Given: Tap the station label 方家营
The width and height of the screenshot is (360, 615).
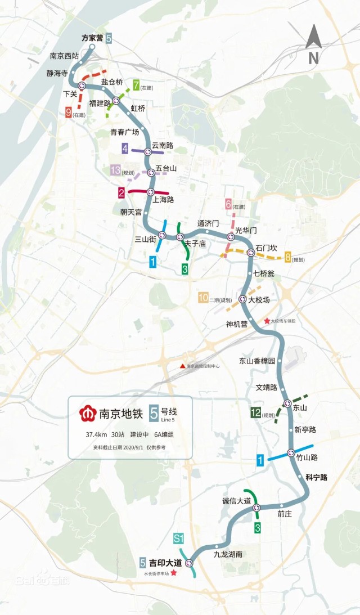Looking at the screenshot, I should point(92,38).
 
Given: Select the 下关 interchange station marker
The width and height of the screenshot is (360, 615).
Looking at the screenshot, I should point(82,86).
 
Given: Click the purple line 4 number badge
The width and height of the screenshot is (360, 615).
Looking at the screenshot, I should point(125,149).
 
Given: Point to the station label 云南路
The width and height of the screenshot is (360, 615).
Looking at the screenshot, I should point(162,145).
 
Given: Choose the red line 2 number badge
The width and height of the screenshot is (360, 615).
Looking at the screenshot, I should point(121,193).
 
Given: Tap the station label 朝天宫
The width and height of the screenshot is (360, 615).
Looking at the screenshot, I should point(131,212).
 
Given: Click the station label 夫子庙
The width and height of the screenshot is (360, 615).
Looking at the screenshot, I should point(195,244).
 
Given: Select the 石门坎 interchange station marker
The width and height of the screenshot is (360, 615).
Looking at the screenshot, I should point(251,253).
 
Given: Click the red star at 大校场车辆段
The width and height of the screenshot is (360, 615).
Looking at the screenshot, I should point(267,321).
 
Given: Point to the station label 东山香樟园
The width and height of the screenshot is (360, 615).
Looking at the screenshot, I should point(258,361).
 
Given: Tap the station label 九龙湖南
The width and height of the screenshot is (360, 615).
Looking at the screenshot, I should point(228,554).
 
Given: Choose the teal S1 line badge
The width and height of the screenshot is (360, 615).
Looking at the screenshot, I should point(179,538).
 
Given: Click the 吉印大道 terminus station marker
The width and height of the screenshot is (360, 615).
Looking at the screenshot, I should point(189,563).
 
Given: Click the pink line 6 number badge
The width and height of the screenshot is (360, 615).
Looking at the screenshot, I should point(229,204).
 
